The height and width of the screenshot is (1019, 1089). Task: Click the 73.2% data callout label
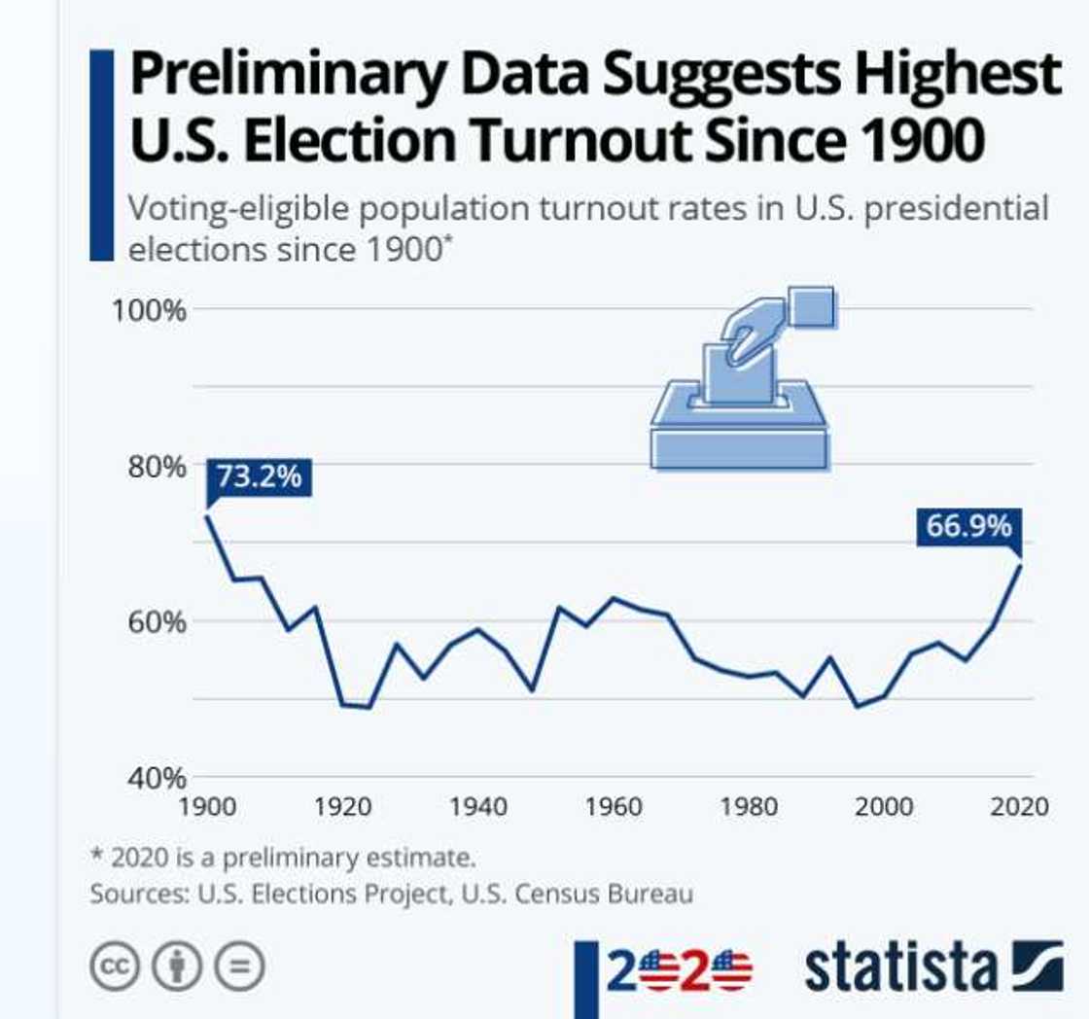[259, 477]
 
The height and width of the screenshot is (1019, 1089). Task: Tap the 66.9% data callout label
[968, 527]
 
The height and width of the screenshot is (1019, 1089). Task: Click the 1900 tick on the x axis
[209, 806]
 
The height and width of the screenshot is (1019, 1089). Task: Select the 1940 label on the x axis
[478, 806]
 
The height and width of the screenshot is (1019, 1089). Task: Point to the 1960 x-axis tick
[614, 806]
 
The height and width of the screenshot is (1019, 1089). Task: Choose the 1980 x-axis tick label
[749, 806]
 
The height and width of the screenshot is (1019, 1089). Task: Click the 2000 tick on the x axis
[884, 806]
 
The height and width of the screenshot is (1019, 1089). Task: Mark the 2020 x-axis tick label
[1019, 806]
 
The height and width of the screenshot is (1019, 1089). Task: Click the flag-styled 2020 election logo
[679, 969]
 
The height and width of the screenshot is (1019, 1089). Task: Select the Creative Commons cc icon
[116, 967]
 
